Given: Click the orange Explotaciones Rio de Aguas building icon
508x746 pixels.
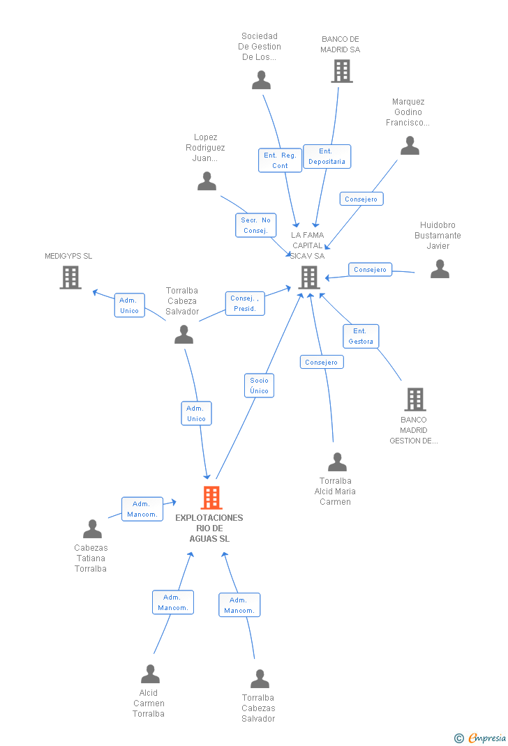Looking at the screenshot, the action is (x=211, y=498).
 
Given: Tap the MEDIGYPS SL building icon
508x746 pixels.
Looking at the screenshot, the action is (x=70, y=277).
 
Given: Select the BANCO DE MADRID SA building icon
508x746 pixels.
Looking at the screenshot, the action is (x=342, y=71).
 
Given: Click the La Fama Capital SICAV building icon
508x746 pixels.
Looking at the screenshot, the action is (x=309, y=277).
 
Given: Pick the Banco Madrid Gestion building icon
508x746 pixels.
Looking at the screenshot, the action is (x=415, y=399).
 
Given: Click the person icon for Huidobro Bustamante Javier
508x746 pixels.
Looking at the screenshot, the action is (x=440, y=269).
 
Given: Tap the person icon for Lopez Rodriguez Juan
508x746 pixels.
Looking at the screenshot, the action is (x=207, y=181).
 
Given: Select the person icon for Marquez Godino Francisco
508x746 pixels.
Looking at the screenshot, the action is (x=410, y=146).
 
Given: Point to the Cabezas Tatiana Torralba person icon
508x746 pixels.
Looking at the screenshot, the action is (x=92, y=528).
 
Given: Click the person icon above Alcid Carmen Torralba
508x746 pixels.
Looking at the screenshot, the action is (x=151, y=673).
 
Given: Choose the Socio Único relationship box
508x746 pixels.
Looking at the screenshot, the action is (x=259, y=386).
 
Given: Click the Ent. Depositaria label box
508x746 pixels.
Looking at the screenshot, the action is (x=327, y=157).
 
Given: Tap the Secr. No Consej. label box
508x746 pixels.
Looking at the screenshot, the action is (x=255, y=225).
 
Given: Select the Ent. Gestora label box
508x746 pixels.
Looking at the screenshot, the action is (x=361, y=336).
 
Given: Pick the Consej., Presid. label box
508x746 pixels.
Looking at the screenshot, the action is (x=245, y=303).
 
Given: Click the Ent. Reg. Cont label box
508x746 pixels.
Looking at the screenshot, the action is (x=280, y=160).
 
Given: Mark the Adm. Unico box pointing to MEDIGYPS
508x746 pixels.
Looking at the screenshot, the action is (x=130, y=305).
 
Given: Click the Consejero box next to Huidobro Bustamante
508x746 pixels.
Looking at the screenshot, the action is (x=370, y=270).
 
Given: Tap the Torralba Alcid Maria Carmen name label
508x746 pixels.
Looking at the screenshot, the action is (x=335, y=492).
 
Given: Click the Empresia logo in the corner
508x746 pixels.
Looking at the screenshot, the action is (x=480, y=738).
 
